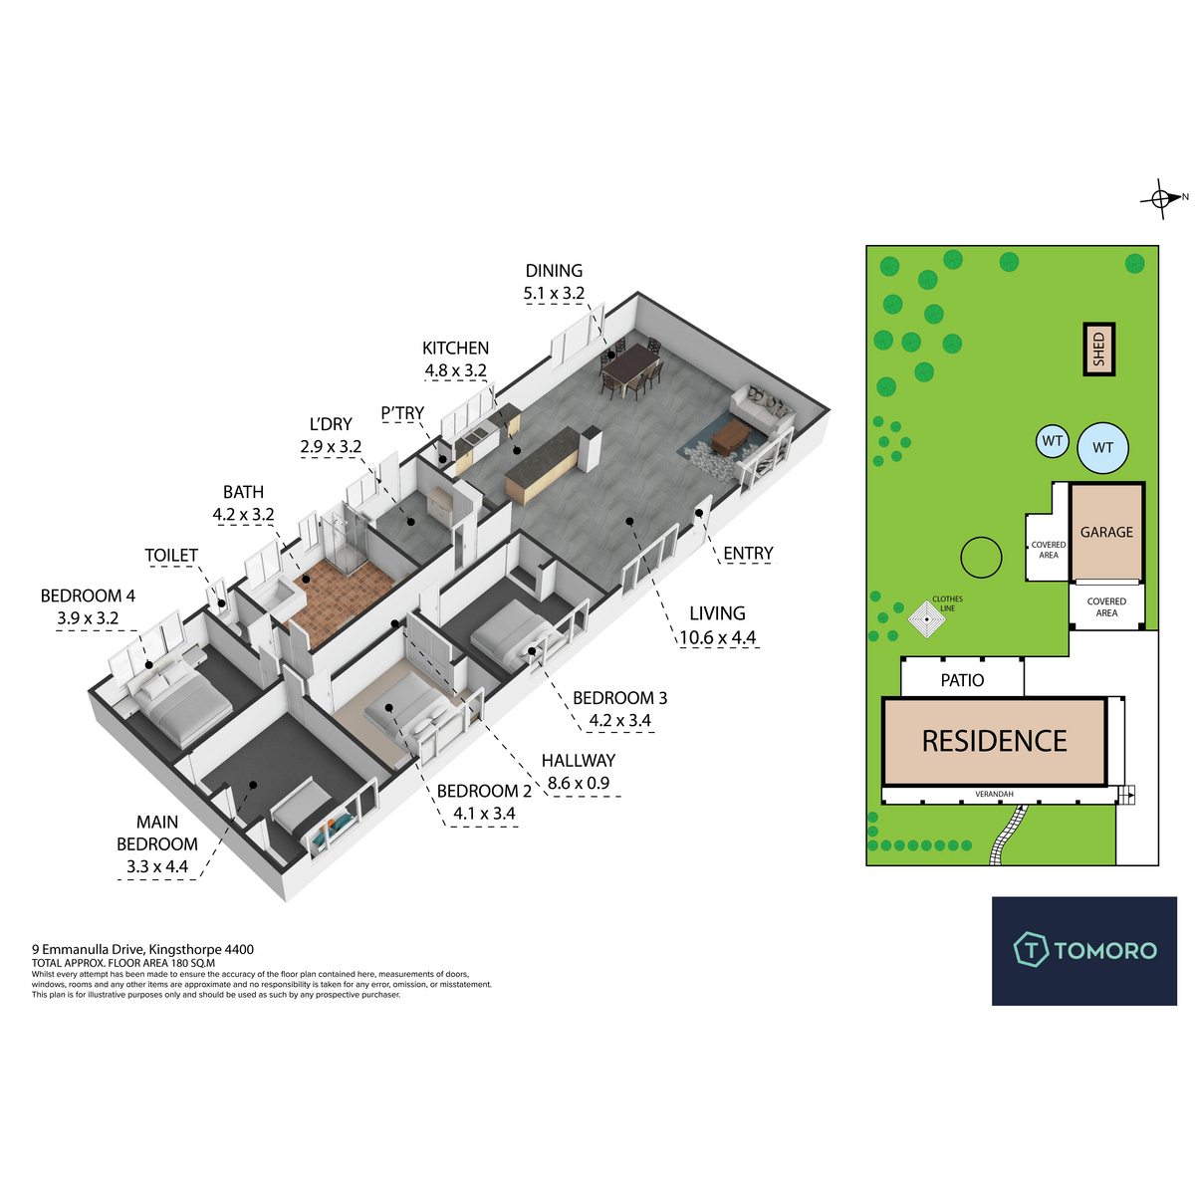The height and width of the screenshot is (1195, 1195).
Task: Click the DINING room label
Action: (x=554, y=271)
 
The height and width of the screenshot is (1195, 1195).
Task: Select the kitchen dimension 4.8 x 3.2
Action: (x=455, y=371)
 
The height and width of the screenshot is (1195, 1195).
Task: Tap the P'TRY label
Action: (x=402, y=413)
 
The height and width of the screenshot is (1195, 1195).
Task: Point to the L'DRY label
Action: (x=331, y=424)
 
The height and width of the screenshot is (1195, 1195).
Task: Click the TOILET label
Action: (x=171, y=556)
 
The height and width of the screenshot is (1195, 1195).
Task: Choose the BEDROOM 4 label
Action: (x=88, y=597)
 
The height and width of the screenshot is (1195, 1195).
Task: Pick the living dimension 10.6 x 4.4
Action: (x=717, y=638)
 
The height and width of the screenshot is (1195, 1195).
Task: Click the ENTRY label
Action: (x=748, y=554)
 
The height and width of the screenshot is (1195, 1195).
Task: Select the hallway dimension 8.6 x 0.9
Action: (x=578, y=784)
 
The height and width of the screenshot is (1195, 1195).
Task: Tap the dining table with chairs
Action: (x=630, y=370)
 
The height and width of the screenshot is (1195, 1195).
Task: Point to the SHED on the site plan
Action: (x=1099, y=349)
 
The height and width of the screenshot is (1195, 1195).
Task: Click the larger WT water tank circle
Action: (x=1102, y=448)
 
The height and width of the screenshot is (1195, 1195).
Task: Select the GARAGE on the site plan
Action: (x=1106, y=533)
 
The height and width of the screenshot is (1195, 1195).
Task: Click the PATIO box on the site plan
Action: (x=962, y=679)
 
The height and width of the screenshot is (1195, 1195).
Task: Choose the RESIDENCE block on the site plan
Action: (x=994, y=741)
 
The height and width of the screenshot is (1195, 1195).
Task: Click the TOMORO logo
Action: (x=1083, y=950)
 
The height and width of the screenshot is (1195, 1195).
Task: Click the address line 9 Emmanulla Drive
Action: (x=142, y=950)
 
